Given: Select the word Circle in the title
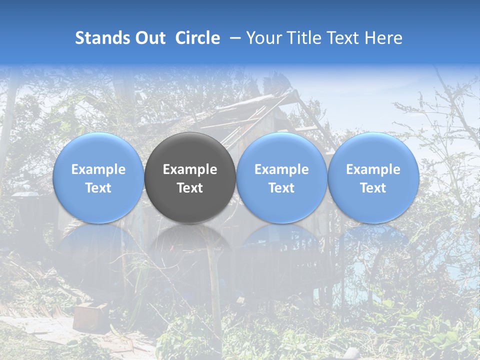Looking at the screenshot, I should [197, 38].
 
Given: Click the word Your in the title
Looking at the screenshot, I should [263, 38].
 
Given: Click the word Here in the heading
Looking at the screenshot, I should [383, 38].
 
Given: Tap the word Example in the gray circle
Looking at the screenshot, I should [190, 169].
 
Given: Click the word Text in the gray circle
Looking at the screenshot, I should [190, 188].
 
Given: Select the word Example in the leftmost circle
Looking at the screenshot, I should [98, 169].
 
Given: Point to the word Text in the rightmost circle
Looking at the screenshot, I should [373, 188].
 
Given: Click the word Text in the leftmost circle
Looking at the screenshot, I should [98, 188].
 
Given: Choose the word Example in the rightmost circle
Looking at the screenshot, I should [373, 169].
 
